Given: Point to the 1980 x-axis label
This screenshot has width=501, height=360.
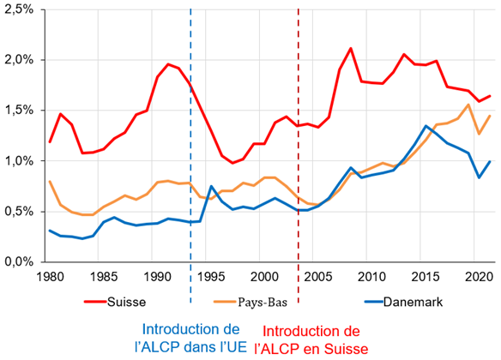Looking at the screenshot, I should [50, 277].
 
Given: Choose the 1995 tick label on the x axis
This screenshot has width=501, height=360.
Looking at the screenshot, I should [211, 277].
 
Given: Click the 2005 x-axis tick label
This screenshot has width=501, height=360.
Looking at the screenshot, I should [318, 277].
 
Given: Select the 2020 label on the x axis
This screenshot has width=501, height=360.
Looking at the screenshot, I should [479, 277].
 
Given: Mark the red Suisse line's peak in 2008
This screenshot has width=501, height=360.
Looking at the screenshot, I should [351, 48].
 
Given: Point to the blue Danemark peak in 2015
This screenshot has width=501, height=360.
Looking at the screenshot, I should [426, 126].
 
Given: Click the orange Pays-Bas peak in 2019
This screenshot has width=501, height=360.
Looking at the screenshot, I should [468, 105].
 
